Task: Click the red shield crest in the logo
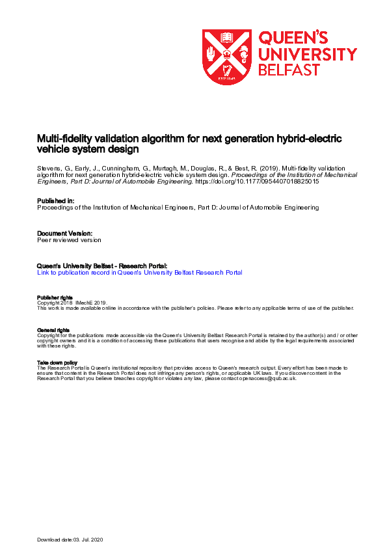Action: (x=226, y=57)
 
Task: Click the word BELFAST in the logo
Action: (x=287, y=70)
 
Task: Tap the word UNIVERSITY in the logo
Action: (x=308, y=53)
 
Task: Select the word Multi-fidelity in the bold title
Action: (x=62, y=139)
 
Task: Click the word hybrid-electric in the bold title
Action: (x=308, y=139)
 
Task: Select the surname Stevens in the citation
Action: (x=49, y=167)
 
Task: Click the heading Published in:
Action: (x=56, y=201)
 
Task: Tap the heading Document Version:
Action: (x=64, y=233)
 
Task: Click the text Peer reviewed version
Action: (x=69, y=240)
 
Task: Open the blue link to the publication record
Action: (x=140, y=273)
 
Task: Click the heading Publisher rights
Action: (x=53, y=297)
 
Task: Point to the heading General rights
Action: (x=53, y=330)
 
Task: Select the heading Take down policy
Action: (x=57, y=363)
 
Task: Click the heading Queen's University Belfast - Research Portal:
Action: (x=102, y=266)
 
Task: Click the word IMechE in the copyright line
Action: (x=85, y=303)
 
